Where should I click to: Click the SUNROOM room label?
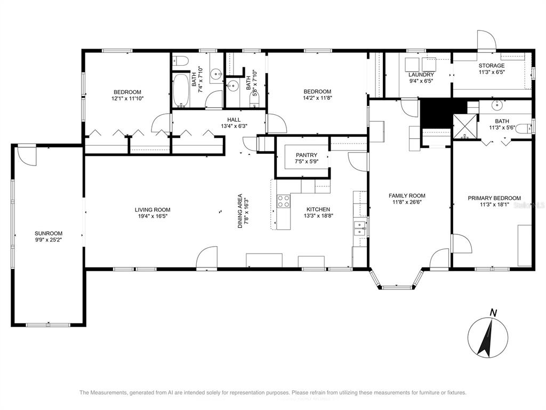49,233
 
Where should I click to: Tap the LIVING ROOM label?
152,209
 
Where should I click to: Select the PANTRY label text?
307,155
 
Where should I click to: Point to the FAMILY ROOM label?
407,195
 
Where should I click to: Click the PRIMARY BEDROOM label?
494,198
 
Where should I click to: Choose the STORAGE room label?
491,66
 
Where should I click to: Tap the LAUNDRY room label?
421,75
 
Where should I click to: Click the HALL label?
234,120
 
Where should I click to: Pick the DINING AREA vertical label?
240,211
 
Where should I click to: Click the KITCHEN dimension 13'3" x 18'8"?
318,216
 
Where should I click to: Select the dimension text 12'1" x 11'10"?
127,98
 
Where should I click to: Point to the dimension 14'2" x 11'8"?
317,98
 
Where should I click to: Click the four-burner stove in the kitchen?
284,201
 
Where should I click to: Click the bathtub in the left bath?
181,90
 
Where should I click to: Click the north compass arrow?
486,337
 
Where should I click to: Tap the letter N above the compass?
493,313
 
